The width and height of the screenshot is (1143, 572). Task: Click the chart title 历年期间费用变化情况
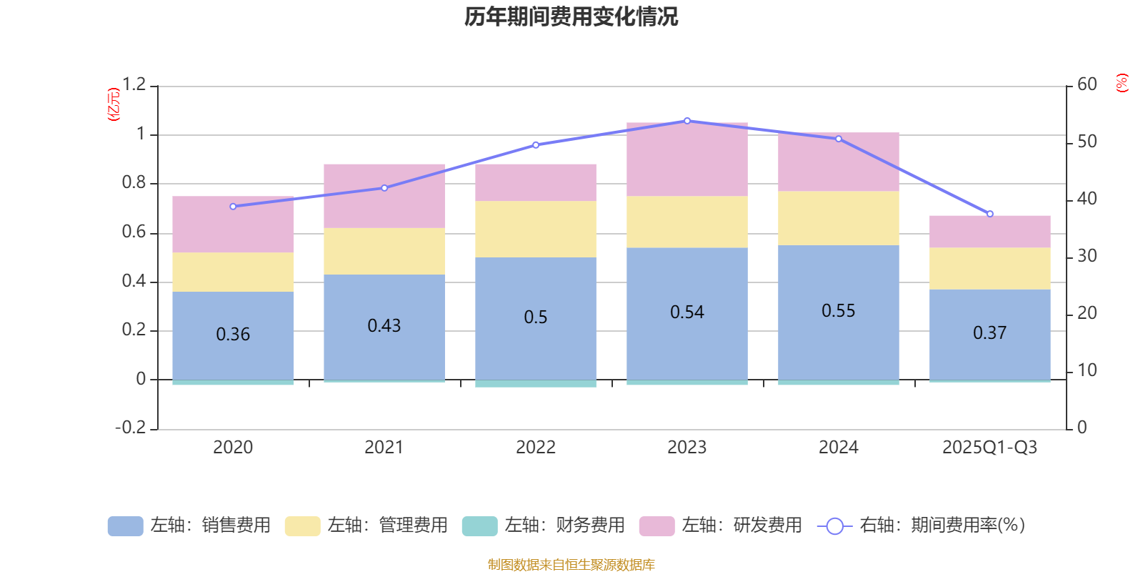coord(571,16)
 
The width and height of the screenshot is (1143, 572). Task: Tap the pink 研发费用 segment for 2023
coord(687,159)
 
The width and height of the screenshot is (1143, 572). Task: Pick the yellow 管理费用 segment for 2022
coord(535,229)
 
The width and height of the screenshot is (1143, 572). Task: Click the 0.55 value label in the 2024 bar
coord(838,311)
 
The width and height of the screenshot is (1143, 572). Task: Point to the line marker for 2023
coord(687,121)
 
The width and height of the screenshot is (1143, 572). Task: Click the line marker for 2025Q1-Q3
coord(990,214)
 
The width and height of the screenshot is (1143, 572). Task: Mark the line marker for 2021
coord(384,188)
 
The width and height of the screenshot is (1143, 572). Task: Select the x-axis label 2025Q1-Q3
coord(989,448)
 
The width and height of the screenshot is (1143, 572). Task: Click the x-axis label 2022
coord(535,448)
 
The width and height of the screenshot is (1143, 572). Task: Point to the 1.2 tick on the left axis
coord(134,85)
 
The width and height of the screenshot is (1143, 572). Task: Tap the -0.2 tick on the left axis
coord(131,428)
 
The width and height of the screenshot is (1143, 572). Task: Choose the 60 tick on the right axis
coord(1087,84)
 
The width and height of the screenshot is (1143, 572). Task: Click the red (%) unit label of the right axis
coord(1122,83)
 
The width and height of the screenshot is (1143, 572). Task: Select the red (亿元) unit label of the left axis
coord(114,104)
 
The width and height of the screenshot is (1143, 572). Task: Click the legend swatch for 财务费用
coord(479,526)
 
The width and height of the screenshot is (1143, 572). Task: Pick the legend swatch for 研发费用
coord(657,526)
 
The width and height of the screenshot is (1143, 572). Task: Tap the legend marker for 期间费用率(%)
coord(834,526)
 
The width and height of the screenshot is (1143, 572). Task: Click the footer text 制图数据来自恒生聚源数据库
coord(571,565)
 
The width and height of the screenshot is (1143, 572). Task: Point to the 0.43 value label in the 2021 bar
coord(384,326)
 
